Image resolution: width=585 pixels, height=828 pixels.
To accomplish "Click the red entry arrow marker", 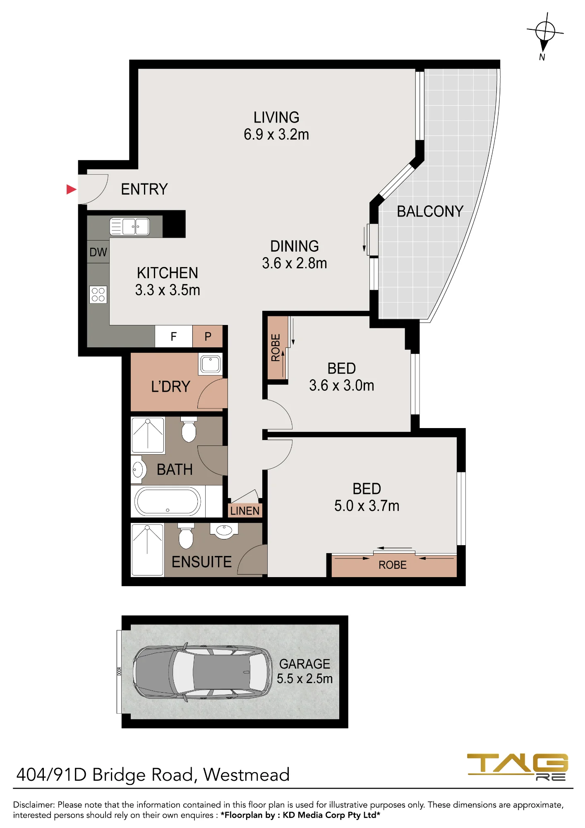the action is tap(72, 189).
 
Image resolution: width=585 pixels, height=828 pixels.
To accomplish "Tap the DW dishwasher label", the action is tap(98, 252).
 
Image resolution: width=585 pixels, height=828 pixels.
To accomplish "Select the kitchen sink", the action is tap(129, 227).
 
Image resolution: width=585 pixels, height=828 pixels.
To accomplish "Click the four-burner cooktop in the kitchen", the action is tap(98, 294).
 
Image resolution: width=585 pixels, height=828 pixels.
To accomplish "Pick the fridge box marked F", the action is tap(174, 336).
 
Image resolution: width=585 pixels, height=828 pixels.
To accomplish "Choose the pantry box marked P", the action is tap(208, 336).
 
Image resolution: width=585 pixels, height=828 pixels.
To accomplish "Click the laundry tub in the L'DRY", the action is tap(211, 364).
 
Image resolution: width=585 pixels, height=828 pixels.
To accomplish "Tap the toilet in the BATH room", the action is tap(189, 430).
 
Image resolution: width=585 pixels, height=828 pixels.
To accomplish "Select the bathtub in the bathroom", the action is tap(168, 501).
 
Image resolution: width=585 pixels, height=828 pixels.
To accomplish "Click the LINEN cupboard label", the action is tap(245, 511).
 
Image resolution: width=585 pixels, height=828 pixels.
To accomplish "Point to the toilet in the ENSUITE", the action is tap(186, 536).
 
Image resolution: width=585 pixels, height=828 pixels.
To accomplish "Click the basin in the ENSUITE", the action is tap(224, 530).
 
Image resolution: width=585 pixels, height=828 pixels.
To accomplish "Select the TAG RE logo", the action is tap(518, 767).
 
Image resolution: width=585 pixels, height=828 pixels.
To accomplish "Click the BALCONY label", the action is tap(430, 211).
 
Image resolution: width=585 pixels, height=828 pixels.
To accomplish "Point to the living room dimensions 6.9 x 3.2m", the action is tap(276, 135).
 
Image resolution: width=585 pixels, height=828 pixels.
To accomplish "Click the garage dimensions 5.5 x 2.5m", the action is tap(305, 679).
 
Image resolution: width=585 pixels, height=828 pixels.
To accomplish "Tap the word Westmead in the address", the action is tap(247, 775).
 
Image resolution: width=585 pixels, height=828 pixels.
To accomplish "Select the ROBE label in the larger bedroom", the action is tap(393, 565).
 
